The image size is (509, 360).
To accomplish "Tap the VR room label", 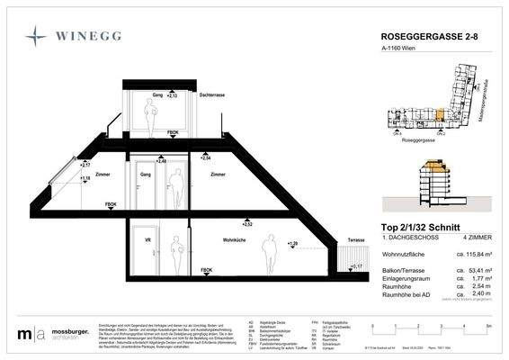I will tap(147, 240).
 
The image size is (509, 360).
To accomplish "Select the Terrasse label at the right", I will tap(356, 241).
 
